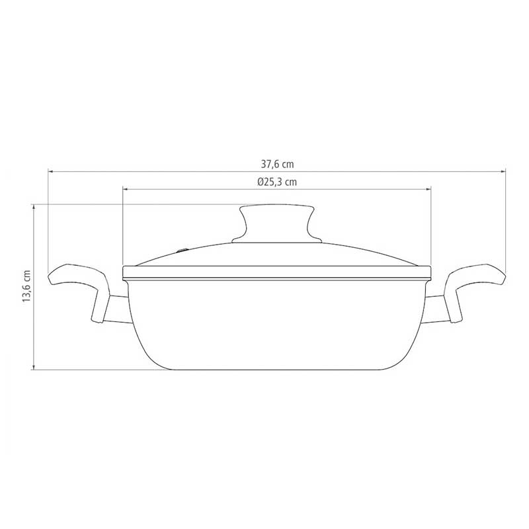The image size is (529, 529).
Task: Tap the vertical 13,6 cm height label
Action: pos(26,286)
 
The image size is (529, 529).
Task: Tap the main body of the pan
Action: pos(276,324)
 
